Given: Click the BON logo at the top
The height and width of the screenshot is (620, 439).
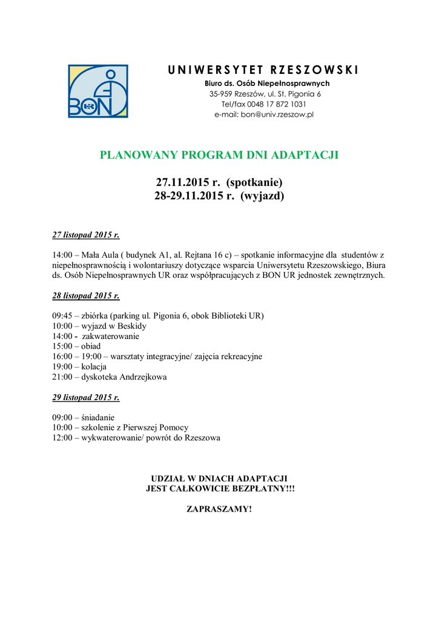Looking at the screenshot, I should [x=97, y=91].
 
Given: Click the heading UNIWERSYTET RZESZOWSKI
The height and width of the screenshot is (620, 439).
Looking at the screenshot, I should [x=263, y=70].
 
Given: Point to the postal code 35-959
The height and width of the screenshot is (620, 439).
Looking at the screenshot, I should [x=221, y=94].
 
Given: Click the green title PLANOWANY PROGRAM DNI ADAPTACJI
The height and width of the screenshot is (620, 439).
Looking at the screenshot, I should [x=219, y=155].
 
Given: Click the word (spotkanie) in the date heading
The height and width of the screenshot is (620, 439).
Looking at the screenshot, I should [x=254, y=182].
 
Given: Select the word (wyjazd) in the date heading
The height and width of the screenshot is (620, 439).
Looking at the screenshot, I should [x=262, y=196].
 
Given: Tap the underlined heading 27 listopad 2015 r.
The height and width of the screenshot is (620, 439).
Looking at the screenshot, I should [x=86, y=235].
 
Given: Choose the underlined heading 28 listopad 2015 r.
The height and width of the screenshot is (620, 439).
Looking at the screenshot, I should [x=86, y=296].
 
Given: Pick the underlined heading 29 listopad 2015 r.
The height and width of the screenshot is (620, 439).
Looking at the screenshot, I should [x=86, y=398].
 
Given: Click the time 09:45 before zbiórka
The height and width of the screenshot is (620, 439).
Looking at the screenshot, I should [x=62, y=316].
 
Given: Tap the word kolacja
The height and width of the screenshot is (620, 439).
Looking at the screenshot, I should [x=94, y=367].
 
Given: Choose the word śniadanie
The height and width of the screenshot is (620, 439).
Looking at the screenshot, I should [x=98, y=418].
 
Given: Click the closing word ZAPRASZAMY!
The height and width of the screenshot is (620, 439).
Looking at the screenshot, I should [x=219, y=509].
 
